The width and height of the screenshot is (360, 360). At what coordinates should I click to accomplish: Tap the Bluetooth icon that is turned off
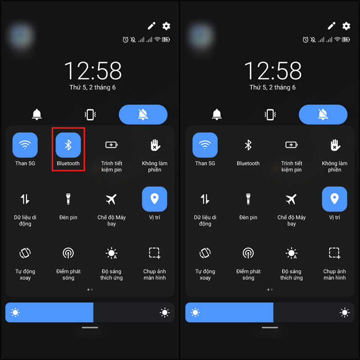coord(248,145)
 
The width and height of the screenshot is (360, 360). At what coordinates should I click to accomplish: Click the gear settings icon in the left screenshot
coord(166,26)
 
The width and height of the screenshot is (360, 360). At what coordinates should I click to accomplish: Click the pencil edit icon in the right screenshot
coord(332,26)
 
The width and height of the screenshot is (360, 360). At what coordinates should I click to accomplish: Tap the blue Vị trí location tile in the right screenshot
coord(334,199)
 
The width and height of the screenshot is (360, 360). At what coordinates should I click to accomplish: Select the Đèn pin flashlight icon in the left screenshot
coord(68,199)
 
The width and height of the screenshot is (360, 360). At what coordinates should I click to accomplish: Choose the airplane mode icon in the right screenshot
coord(291,199)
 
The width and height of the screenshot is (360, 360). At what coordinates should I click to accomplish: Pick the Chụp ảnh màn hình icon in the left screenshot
coord(154,253)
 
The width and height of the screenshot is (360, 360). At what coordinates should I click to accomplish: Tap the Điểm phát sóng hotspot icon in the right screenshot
coord(248,253)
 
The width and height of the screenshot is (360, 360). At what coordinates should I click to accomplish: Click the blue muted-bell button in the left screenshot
coord(143,115)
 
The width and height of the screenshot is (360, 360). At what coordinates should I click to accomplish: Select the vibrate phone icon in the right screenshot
coord(270,115)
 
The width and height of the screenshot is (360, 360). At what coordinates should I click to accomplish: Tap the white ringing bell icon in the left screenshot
coord(37,115)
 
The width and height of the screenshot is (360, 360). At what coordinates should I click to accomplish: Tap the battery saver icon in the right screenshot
coord(291,145)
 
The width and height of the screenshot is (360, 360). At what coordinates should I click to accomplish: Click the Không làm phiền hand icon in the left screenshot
coord(155,145)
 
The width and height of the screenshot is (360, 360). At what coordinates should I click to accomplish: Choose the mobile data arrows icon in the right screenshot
coord(205,199)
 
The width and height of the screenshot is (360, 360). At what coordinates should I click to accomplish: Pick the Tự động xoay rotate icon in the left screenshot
coord(25,253)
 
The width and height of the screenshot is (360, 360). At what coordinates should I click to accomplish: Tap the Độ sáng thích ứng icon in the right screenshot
coord(291,253)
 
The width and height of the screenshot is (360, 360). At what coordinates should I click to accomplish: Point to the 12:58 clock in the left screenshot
coord(93,71)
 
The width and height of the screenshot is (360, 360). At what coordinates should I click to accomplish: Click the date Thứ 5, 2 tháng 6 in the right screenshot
coord(273,87)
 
